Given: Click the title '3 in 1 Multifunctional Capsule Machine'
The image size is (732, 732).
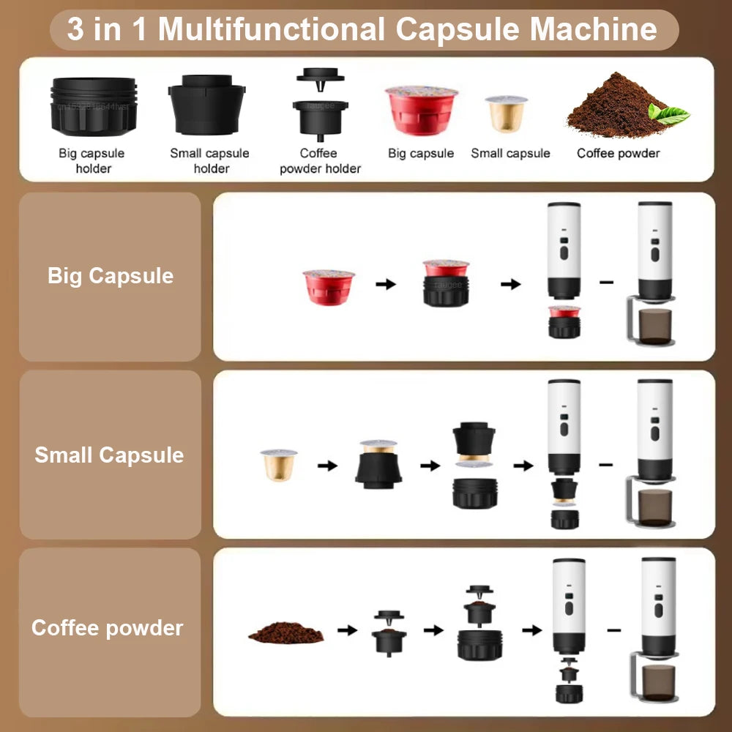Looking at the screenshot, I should click(x=362, y=30).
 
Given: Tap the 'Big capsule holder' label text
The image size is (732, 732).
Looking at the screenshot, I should click(x=91, y=160).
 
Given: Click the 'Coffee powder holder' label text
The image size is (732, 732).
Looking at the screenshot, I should click(x=320, y=160).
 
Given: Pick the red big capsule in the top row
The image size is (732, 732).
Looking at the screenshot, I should click(x=421, y=109).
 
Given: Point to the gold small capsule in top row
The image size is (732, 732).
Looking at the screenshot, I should click(x=506, y=113).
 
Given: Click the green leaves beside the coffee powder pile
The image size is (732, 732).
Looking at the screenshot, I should click(x=668, y=114).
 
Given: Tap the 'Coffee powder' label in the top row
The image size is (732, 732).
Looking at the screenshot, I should click(x=618, y=153).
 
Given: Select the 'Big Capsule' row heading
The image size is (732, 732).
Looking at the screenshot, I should click(x=111, y=276).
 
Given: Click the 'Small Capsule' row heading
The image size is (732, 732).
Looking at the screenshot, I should click(x=109, y=455).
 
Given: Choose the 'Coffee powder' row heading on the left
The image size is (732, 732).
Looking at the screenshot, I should click(x=107, y=628).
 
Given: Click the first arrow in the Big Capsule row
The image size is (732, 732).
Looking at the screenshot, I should click(x=386, y=284).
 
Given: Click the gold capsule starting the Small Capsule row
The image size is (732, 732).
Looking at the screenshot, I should click(x=279, y=464).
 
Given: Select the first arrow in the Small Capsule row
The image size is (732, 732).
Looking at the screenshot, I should click(x=327, y=465).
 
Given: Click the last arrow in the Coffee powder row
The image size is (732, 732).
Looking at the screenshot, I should click(x=532, y=630).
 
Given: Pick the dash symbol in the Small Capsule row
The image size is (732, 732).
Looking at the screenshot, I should click(x=605, y=464).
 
